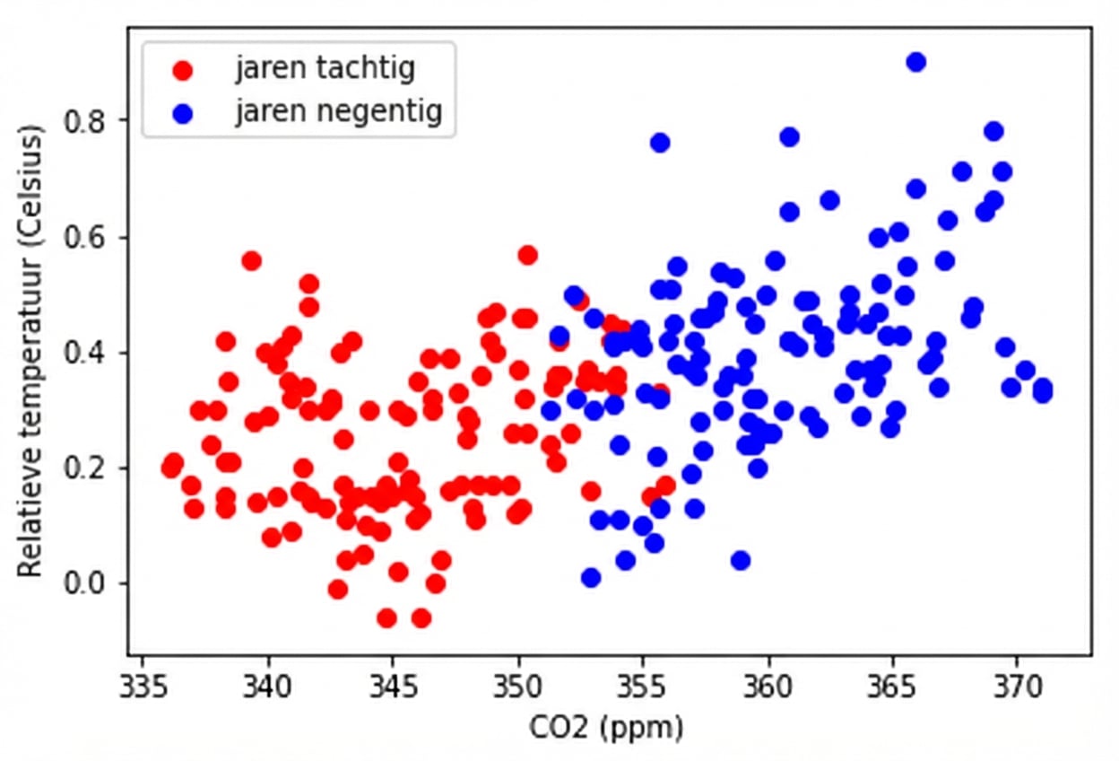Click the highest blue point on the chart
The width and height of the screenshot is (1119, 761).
click(915, 62)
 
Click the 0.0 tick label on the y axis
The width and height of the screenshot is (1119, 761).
click(88, 584)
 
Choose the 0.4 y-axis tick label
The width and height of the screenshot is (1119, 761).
click(88, 353)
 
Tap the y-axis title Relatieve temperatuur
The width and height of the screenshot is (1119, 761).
click(30, 351)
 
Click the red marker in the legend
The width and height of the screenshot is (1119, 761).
click(183, 69)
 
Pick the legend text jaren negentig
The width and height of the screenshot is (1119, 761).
click(339, 112)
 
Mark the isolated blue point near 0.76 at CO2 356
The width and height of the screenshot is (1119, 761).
click(660, 143)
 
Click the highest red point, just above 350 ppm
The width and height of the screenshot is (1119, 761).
click(528, 255)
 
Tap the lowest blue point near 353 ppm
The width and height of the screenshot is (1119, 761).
click(591, 577)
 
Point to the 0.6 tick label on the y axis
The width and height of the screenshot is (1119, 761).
click(88, 237)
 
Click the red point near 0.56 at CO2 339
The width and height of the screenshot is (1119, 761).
click(252, 261)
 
